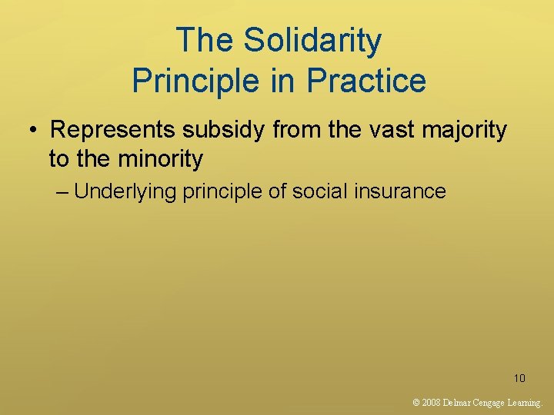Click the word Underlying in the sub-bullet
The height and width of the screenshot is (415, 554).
tap(127, 191)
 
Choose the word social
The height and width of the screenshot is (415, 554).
tap(315, 191)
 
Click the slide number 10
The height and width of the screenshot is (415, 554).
tap(519, 378)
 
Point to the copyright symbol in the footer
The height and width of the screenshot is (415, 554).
tap(416, 402)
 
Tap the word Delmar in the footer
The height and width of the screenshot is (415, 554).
tap(459, 402)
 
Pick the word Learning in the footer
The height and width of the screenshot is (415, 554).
tap(527, 402)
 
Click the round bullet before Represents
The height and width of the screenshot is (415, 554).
tap(35, 131)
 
